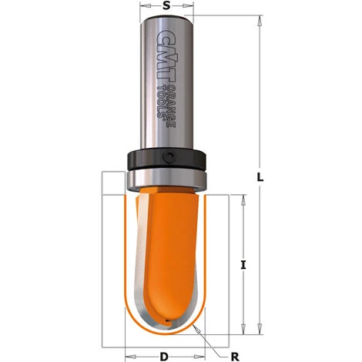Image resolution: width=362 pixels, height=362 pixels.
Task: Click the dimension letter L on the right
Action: coord(260,177)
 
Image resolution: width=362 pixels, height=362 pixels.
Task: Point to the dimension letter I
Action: coord(243,264)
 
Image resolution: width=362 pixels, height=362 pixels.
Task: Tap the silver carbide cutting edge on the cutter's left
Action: coord(135,254)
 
